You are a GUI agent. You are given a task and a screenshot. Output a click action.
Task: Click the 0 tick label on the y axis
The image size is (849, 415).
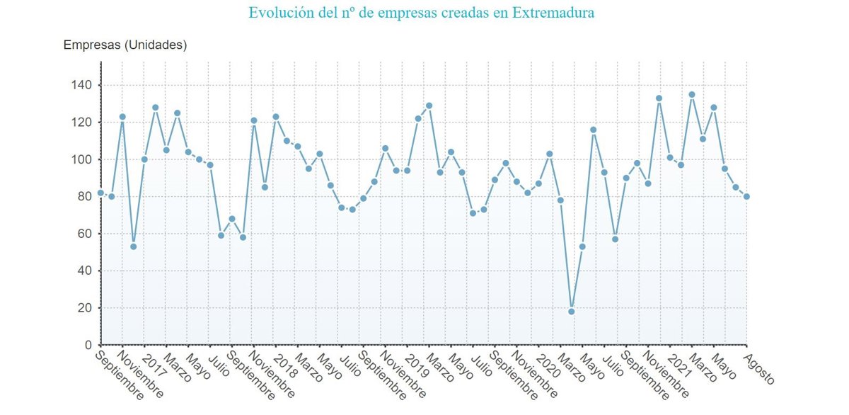[88, 345]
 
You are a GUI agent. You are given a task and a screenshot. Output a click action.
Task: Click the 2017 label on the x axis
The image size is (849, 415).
[154, 362]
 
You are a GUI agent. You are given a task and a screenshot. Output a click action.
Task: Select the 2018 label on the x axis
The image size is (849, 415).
[285, 362]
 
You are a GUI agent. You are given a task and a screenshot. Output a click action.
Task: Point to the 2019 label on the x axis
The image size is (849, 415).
[417, 362]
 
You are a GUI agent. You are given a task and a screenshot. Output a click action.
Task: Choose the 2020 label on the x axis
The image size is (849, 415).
[548, 362]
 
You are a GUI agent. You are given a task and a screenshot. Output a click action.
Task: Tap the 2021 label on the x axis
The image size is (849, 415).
[680, 362]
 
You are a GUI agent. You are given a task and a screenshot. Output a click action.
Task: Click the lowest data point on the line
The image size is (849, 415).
[571, 312]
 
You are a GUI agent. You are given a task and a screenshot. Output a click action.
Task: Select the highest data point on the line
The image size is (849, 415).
[691, 94]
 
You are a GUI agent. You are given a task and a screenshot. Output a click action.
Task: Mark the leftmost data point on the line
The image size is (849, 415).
[100, 193]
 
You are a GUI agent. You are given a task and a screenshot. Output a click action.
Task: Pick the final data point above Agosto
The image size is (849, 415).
[746, 196]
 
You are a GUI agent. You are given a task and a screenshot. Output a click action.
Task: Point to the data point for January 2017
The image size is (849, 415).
[144, 159]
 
